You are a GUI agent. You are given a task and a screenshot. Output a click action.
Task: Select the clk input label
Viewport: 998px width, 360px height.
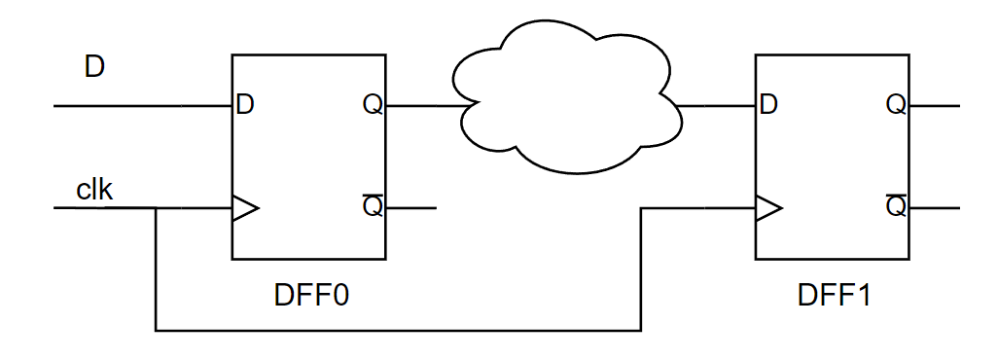(94, 190)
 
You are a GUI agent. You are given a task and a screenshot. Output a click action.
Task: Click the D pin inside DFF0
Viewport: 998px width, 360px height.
(245, 105)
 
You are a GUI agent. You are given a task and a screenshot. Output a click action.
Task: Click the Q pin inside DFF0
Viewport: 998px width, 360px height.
(372, 105)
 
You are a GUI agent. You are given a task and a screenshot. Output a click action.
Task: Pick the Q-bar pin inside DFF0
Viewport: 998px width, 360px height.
(372, 207)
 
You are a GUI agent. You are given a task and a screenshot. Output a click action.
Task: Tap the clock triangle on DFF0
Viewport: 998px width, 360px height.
(244, 208)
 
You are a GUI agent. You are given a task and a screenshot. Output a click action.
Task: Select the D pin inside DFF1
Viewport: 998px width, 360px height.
(768, 105)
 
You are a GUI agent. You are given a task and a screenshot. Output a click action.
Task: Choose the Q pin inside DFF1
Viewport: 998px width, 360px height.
(895, 105)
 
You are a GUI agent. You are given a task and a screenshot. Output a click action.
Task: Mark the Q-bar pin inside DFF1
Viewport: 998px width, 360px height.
(895, 207)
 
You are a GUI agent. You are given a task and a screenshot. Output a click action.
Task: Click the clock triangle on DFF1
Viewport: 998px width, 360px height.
(768, 208)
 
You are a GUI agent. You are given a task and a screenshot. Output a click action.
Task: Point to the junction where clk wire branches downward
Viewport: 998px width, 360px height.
(156, 208)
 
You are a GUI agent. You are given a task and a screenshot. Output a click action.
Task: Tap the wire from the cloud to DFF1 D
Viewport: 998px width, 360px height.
(715, 105)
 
